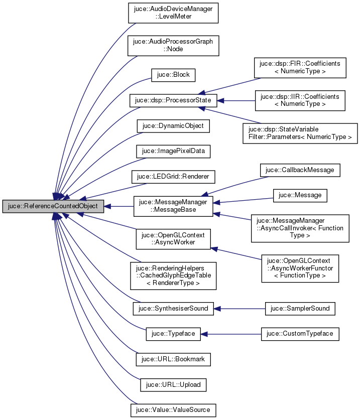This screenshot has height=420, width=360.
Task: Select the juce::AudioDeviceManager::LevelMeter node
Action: click(173, 13)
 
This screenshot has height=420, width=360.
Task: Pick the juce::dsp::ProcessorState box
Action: click(173, 100)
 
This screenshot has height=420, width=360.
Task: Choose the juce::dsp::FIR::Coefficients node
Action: click(300, 68)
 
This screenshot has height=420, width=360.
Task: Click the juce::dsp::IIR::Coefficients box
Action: click(300, 100)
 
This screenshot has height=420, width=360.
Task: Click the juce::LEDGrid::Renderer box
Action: click(173, 177)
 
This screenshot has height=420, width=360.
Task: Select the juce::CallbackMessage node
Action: click(300, 170)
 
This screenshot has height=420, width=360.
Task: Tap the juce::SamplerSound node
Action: click(300, 308)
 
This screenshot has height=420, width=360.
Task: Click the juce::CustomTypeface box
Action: click(300, 333)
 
